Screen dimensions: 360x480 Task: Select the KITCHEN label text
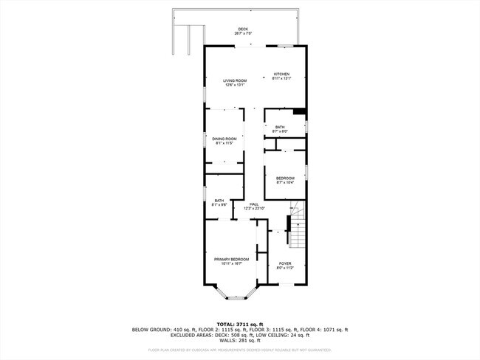coord(282,74)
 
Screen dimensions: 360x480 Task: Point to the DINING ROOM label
coord(224,138)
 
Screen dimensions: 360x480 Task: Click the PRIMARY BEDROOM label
coord(231,259)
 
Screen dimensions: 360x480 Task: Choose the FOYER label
coord(285,263)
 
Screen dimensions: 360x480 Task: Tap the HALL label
coord(254,204)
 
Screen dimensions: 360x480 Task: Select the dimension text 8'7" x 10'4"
coord(285,182)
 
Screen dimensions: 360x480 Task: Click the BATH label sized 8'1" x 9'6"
coord(219,201)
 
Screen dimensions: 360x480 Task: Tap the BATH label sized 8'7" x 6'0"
coord(280,127)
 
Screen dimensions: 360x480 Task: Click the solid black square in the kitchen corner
coord(298,112)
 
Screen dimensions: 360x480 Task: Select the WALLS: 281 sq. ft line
coord(239,341)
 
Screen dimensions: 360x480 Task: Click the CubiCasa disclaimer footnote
coord(239,350)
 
